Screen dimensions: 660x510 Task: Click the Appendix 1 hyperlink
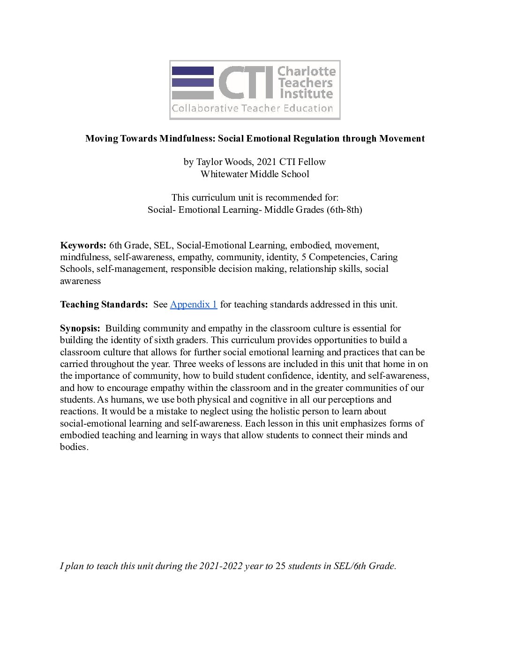click(193, 305)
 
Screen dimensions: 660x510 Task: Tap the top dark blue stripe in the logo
click(193, 71)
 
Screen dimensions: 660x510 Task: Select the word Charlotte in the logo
click(307, 72)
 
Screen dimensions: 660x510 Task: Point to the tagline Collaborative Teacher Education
click(252, 109)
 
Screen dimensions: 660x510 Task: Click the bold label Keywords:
click(83, 246)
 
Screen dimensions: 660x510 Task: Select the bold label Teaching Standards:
click(104, 305)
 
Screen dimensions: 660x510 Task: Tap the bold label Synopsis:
click(80, 329)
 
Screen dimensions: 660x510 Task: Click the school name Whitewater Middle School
click(255, 174)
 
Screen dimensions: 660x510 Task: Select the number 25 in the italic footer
click(280, 566)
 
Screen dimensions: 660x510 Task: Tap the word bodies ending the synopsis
click(74, 447)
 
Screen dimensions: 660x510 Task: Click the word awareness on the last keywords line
click(80, 281)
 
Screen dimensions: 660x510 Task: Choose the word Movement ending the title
click(402, 139)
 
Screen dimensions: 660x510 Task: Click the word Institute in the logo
click(306, 94)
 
